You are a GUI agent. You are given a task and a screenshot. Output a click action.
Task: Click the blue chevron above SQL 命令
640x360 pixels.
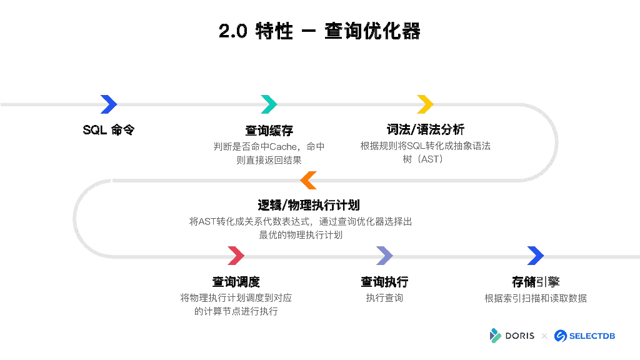tap(109, 104)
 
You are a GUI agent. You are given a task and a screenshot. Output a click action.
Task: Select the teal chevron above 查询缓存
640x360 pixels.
tap(269, 104)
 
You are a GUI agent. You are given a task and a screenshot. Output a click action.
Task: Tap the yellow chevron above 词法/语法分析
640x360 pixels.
tap(425, 104)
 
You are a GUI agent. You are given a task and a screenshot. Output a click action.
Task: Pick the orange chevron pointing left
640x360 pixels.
tap(309, 180)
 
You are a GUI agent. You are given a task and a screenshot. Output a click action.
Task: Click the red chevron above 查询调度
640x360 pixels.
tap(236, 256)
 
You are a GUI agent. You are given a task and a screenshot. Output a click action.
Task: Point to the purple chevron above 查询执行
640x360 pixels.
tap(384, 256)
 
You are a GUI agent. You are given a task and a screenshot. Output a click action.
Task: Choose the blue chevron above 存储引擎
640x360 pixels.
tap(536, 256)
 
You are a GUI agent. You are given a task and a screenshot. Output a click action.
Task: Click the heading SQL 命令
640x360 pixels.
tap(109, 130)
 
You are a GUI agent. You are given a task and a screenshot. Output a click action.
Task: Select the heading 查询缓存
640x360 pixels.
tap(269, 131)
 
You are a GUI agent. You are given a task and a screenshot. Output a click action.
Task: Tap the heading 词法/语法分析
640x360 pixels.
tap(425, 130)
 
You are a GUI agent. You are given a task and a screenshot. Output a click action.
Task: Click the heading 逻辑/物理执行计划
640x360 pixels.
tap(309, 206)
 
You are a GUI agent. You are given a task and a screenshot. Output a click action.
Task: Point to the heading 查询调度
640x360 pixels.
tap(236, 282)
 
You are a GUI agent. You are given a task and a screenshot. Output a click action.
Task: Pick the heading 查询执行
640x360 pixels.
tap(384, 282)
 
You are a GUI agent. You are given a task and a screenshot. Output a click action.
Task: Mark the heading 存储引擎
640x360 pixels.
tap(536, 282)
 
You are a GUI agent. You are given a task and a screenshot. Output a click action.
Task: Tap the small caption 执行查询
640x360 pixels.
tap(384, 298)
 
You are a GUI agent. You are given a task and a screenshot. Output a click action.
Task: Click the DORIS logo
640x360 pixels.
tap(512, 336)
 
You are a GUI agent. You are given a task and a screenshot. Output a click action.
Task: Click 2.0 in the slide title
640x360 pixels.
tap(232, 31)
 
